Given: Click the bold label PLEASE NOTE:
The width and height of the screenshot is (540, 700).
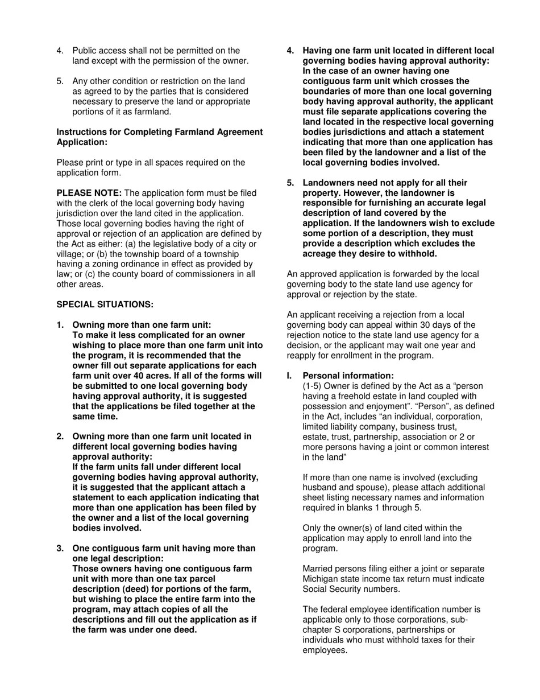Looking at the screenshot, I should (89, 193).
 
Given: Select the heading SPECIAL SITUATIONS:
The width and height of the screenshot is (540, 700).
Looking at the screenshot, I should (105, 304).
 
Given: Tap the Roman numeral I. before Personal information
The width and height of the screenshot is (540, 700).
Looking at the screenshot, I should (289, 376).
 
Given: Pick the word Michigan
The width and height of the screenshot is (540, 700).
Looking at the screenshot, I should (321, 579).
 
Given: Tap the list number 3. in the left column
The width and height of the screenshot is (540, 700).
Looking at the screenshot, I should (60, 548).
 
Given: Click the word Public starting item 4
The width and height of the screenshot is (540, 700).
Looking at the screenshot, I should (86, 51).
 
